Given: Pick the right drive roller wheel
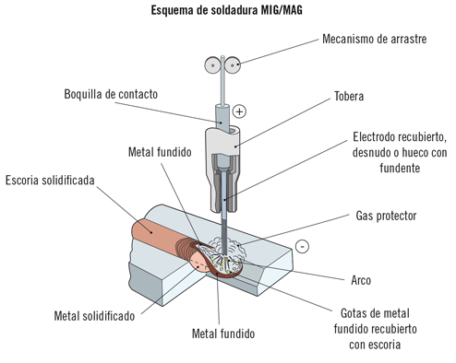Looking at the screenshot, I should point(234,64).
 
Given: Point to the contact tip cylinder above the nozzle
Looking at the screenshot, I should point(222,118).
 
